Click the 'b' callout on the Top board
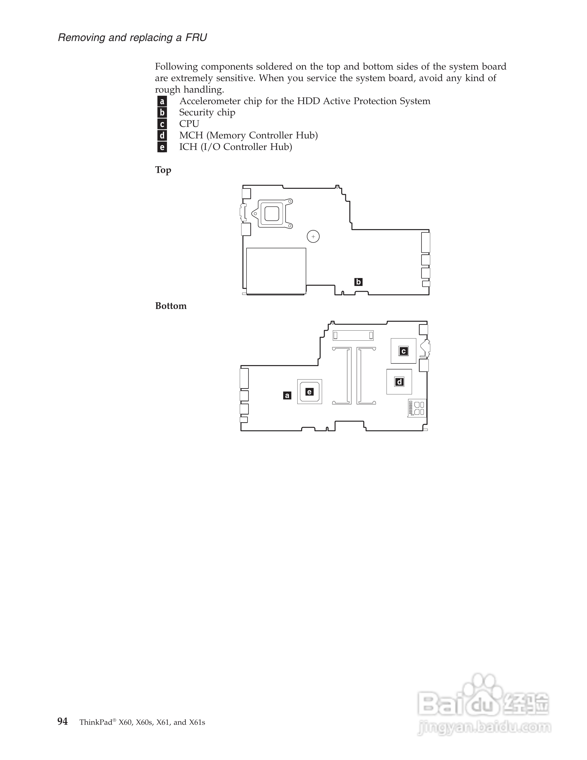click(358, 282)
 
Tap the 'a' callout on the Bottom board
click(287, 395)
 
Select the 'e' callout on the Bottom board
click(309, 392)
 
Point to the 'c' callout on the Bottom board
click(403, 351)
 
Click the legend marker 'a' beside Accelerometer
click(162, 101)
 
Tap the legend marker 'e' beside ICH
click(162, 147)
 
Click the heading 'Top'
click(163, 170)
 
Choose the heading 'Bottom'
click(171, 306)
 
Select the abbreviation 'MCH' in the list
click(191, 135)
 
